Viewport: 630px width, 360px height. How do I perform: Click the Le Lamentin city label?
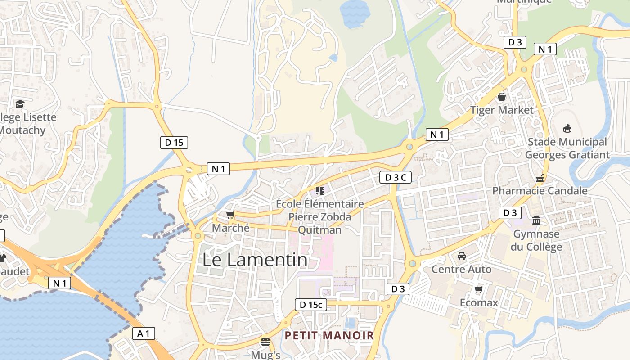click(x=255, y=260)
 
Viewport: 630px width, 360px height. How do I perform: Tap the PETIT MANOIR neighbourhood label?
click(x=329, y=335)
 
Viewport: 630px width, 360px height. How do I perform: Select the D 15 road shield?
click(x=174, y=143)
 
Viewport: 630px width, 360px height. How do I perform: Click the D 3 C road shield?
click(x=396, y=177)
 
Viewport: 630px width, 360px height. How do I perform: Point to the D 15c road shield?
click(x=310, y=305)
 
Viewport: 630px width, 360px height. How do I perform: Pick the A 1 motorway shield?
click(x=144, y=333)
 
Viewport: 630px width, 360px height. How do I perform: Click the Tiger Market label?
click(x=502, y=110)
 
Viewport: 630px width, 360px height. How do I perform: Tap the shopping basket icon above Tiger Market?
click(x=502, y=97)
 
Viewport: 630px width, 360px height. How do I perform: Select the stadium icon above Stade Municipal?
click(x=567, y=129)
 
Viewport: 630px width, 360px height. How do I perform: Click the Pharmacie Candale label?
click(x=540, y=190)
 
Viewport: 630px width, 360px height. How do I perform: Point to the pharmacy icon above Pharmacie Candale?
click(x=540, y=178)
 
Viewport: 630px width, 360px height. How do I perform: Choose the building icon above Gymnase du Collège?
click(x=536, y=220)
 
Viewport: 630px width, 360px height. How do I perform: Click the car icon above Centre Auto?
click(x=461, y=256)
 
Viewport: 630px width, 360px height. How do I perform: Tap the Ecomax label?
click(x=479, y=302)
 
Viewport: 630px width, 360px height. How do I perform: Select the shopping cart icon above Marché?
click(x=230, y=215)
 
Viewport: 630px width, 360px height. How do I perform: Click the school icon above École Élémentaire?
click(x=320, y=191)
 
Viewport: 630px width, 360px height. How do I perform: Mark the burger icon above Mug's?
click(x=265, y=342)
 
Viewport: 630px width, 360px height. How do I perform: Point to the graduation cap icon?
click(x=20, y=104)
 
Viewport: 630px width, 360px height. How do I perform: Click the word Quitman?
click(x=320, y=230)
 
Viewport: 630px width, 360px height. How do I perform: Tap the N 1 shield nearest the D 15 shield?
click(x=219, y=169)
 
